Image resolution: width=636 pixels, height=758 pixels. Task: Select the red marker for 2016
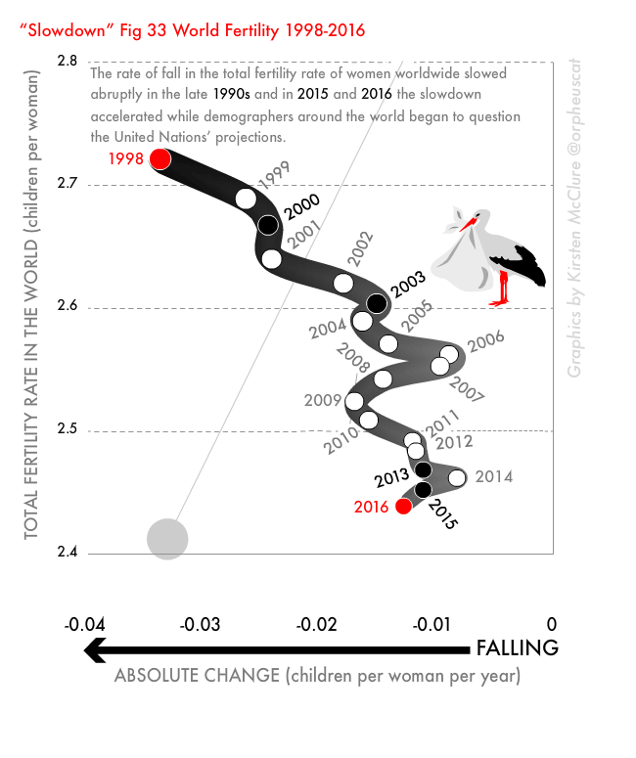coord(403,506)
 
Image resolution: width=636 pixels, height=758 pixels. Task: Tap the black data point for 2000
coord(268,225)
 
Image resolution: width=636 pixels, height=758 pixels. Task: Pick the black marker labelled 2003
coord(376,303)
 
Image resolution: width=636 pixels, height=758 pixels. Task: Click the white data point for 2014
coord(457,477)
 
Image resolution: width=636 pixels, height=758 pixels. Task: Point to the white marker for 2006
coord(449,354)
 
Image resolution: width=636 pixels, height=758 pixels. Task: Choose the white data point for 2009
coord(355,401)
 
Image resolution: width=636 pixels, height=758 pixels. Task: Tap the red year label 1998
coord(126,158)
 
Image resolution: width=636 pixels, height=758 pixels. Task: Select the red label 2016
coord(371,507)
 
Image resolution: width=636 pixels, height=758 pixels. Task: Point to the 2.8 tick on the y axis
coord(68,61)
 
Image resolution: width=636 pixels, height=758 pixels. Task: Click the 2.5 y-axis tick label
coord(68,431)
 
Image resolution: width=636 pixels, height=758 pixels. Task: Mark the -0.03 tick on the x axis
coord(204,624)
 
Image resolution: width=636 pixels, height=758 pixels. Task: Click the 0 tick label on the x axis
coord(552,624)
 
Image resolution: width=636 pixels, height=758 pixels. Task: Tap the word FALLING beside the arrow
coord(517,647)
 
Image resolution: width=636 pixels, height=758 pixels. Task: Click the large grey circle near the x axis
coord(167,538)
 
